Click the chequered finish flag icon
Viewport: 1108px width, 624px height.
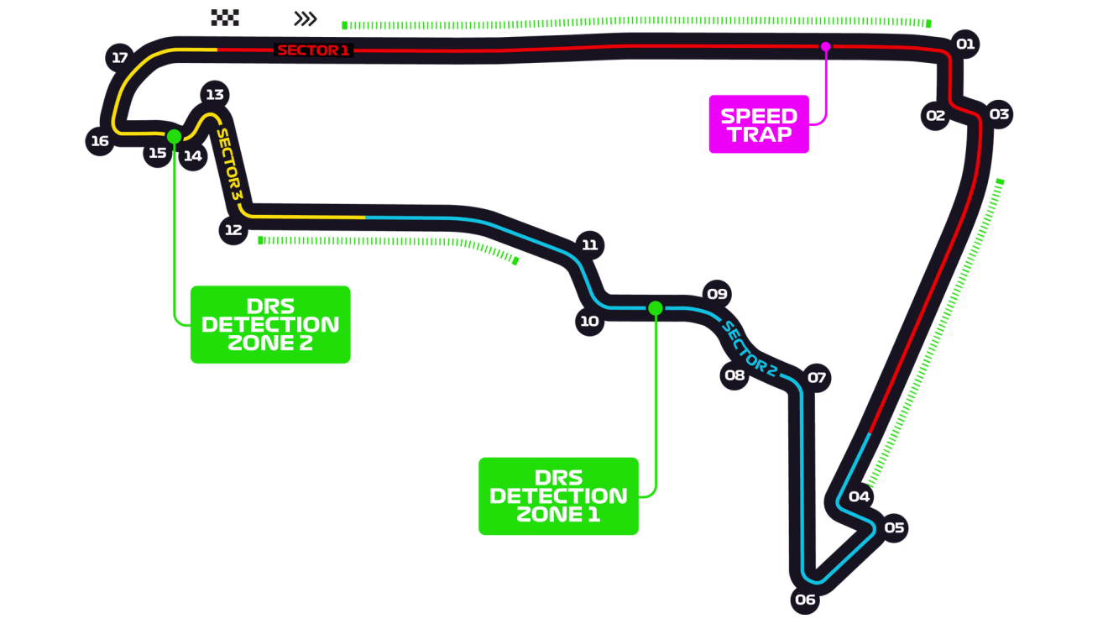point(225,18)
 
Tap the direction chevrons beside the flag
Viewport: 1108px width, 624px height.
point(306,18)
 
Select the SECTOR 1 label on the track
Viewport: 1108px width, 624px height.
point(313,50)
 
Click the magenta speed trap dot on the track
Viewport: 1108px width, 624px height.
point(825,46)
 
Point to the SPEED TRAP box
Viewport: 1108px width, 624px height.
point(759,124)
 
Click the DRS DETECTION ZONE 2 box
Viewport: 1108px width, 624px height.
point(270,324)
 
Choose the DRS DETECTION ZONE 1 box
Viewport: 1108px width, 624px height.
point(558,496)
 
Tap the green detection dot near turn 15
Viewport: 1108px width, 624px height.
point(174,136)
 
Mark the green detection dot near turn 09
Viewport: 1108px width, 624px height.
point(656,308)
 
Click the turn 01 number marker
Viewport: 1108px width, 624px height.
point(965,44)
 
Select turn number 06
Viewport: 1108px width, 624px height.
point(805,599)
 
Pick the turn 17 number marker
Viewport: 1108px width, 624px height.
point(120,58)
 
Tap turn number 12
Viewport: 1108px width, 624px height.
point(233,230)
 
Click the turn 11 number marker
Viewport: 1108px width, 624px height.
point(590,245)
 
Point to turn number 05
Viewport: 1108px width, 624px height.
point(894,527)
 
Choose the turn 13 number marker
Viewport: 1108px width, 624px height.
point(215,94)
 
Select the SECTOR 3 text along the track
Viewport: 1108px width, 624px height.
point(229,165)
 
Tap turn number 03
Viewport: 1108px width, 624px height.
point(999,113)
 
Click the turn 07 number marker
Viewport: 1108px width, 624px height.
point(817,377)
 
